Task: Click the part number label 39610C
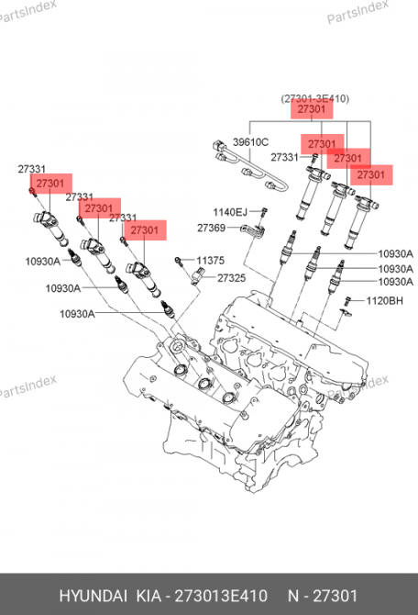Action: [x=250, y=142]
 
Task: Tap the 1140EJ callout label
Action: [x=230, y=212]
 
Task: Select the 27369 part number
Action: [x=211, y=228]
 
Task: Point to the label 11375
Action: [x=210, y=261]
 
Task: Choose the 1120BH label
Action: [x=384, y=300]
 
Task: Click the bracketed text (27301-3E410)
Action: [x=314, y=97]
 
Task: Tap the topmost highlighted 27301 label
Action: [x=313, y=110]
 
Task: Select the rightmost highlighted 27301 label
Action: [x=370, y=174]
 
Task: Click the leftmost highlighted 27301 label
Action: [x=49, y=184]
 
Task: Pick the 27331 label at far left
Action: [x=32, y=169]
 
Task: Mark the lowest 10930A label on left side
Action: [x=77, y=314]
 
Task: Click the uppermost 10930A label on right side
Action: [x=395, y=253]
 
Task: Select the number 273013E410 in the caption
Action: [x=226, y=595]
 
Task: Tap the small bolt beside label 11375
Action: [x=181, y=261]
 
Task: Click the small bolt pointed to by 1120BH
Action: [x=348, y=300]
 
